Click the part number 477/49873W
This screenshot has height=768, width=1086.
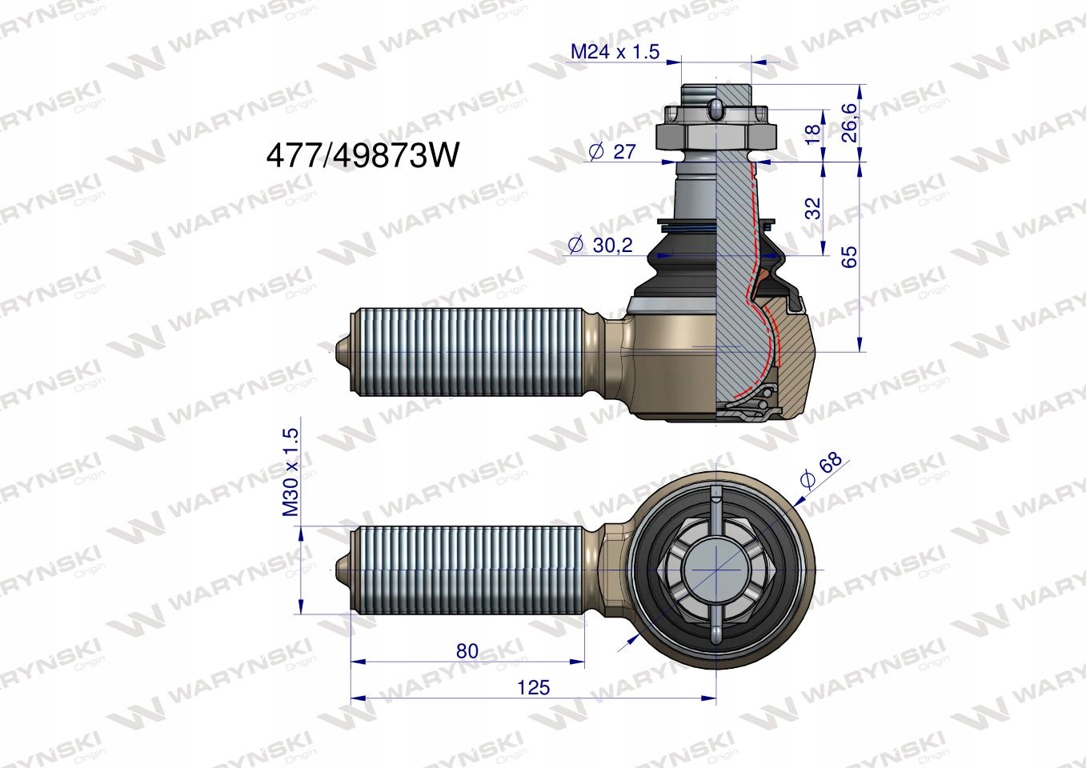point(362,157)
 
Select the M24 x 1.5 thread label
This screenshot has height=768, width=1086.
point(615,51)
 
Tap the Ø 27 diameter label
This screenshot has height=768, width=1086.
point(612,152)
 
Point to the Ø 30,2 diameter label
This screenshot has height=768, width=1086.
point(600,245)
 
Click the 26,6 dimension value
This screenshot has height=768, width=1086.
point(849,122)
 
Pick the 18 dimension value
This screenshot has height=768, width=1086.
point(812,133)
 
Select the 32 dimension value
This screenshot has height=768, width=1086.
point(812,208)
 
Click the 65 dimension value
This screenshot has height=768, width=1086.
point(849,256)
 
